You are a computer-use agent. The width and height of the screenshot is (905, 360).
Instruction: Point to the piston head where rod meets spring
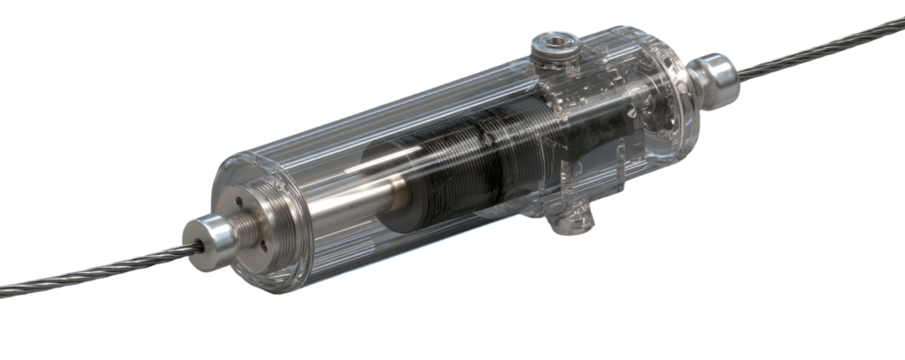coord(405,185)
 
